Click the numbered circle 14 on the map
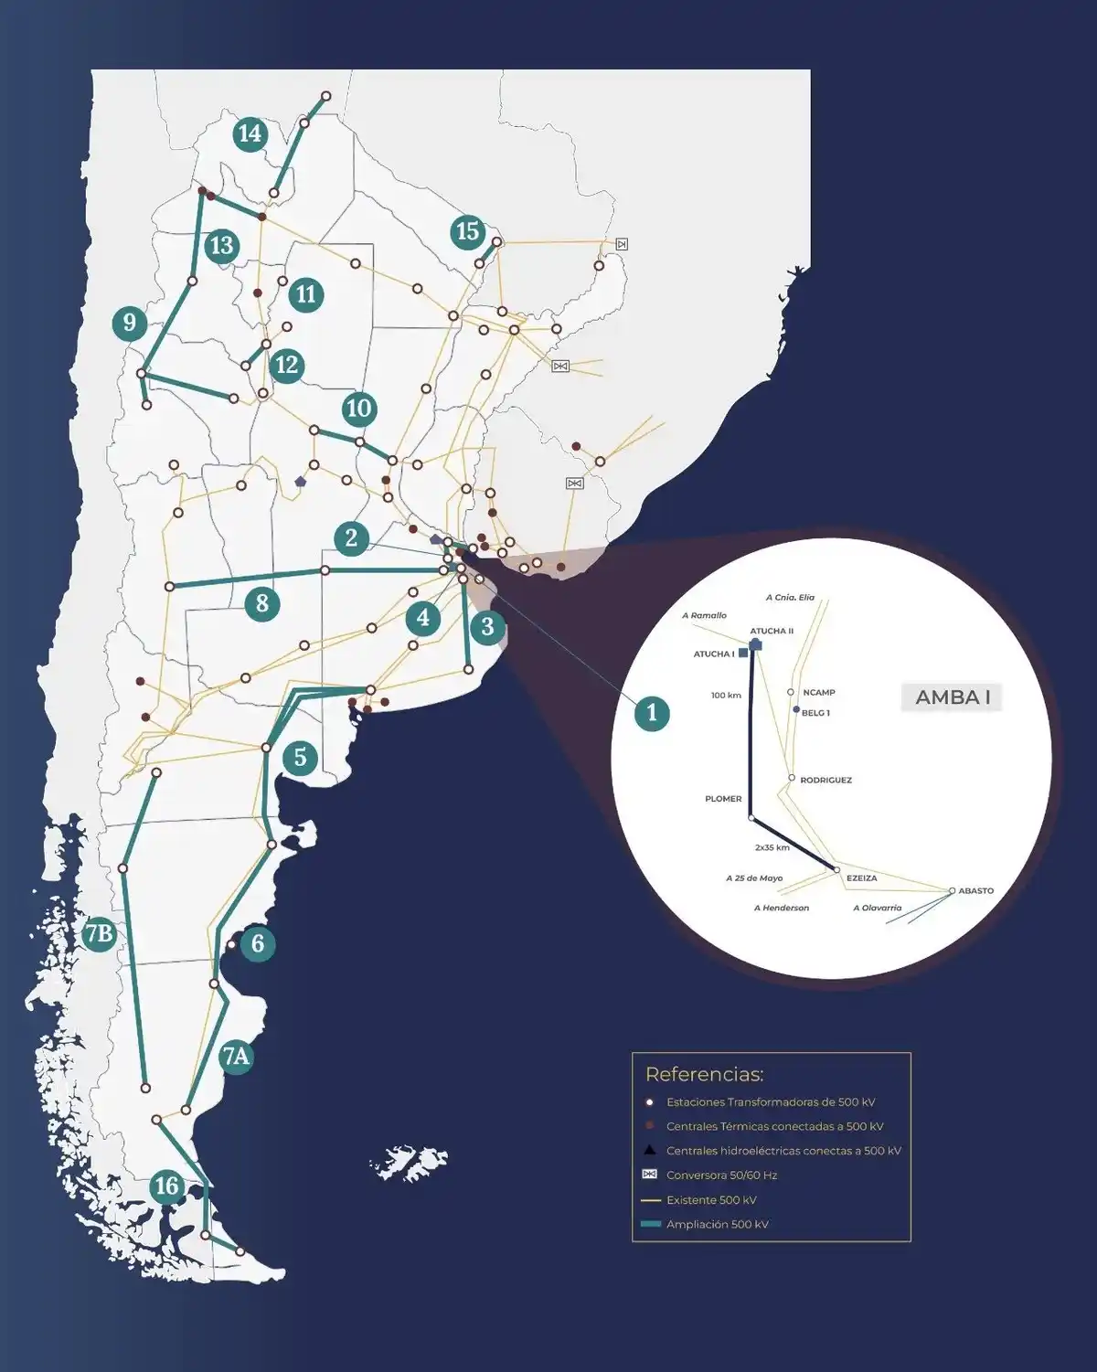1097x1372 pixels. tap(249, 134)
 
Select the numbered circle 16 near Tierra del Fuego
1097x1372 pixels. tap(166, 1186)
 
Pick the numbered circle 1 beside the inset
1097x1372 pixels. tap(652, 713)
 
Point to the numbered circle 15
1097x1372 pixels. tap(468, 231)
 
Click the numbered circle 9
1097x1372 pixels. tap(129, 323)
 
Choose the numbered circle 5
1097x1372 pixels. tap(300, 758)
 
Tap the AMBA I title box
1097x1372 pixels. tap(953, 697)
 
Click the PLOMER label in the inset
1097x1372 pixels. tap(723, 799)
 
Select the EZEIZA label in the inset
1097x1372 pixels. tap(861, 878)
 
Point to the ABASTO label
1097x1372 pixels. tap(975, 891)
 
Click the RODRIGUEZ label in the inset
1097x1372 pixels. tap(825, 781)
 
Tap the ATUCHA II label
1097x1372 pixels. tap(772, 632)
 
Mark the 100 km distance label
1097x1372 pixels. tap(726, 696)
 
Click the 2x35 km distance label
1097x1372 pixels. tap(772, 848)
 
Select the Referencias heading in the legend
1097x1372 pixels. tap(704, 1075)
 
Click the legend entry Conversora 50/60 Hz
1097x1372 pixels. tap(721, 1175)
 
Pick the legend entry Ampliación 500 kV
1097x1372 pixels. tap(717, 1225)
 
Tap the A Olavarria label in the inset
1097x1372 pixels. tap(877, 909)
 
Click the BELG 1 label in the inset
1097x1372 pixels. tap(815, 713)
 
